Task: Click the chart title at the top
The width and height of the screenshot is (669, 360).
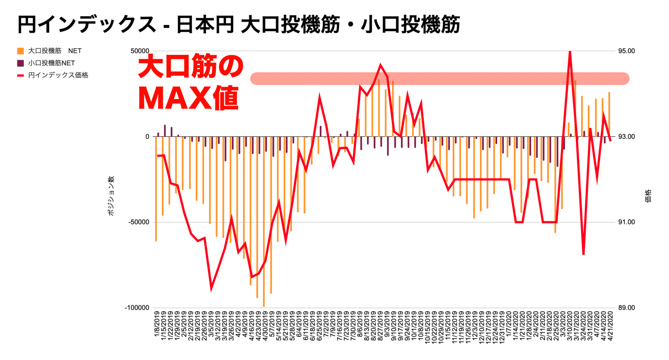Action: tap(239, 25)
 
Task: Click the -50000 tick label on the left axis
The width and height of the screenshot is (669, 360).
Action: tap(138, 222)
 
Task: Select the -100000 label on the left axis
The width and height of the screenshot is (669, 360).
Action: tap(136, 308)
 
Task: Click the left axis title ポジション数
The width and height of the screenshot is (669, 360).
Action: tap(111, 196)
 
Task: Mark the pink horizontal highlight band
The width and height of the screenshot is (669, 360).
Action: tap(439, 79)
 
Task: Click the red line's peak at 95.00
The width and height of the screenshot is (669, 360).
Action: tap(570, 52)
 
